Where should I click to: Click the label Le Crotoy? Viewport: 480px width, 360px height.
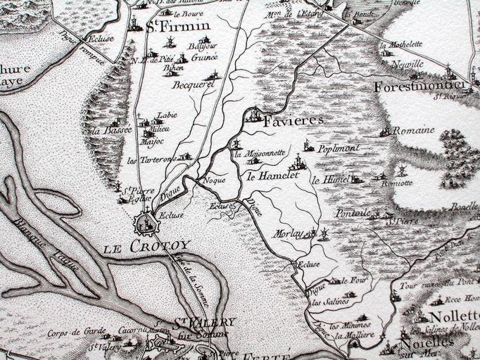146,247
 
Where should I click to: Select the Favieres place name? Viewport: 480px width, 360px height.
293,121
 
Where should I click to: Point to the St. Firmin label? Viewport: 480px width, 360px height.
171,28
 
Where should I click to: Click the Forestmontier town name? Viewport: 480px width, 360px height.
418,86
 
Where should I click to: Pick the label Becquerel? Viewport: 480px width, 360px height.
194,84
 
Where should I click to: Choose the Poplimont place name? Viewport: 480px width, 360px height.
339,148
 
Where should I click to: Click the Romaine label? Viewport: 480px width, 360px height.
413,131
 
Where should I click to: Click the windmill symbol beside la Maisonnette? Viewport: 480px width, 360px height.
236,146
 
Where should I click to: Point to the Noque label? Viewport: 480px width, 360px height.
213,180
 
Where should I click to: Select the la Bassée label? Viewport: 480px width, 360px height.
116,130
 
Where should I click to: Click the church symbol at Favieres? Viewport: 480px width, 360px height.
253,115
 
